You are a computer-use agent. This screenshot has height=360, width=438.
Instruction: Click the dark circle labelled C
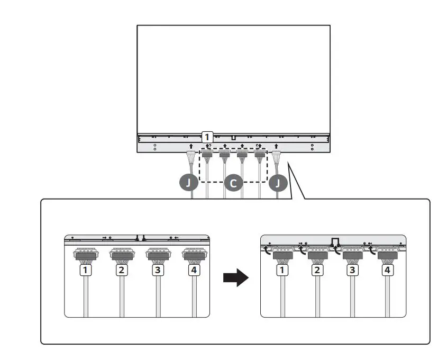(233, 183)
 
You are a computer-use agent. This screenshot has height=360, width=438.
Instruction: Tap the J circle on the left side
(189, 183)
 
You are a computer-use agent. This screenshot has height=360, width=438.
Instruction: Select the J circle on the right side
(278, 183)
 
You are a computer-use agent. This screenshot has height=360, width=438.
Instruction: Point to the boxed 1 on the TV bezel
(208, 137)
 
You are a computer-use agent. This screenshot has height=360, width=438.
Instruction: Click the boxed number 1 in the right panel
(282, 270)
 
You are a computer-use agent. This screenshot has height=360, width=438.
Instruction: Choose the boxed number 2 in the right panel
(317, 270)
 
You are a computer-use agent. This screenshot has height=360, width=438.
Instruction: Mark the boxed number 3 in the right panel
(352, 270)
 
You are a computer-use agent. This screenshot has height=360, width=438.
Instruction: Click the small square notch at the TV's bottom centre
(233, 138)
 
